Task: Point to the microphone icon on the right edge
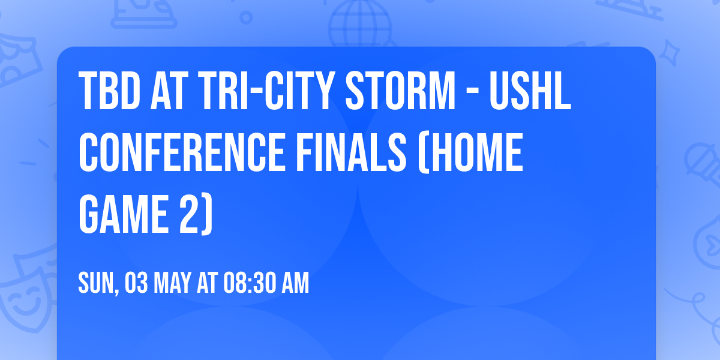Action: coord(702,162)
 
